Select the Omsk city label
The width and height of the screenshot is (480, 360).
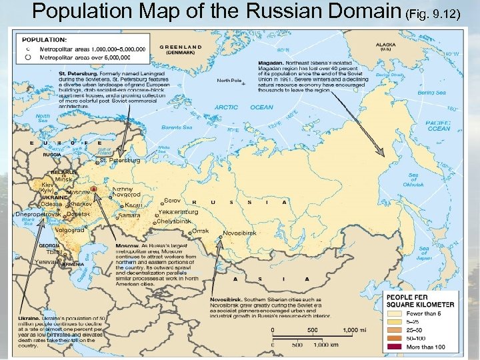click(x=199, y=231)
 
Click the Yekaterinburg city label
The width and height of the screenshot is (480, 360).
click(x=178, y=212)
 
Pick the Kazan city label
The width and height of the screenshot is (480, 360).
click(x=133, y=204)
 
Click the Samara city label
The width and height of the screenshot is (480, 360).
click(x=128, y=215)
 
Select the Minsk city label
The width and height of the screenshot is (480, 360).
click(x=63, y=179)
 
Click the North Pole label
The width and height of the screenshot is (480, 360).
click(x=247, y=81)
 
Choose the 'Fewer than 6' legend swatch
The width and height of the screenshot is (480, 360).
click(x=398, y=312)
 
